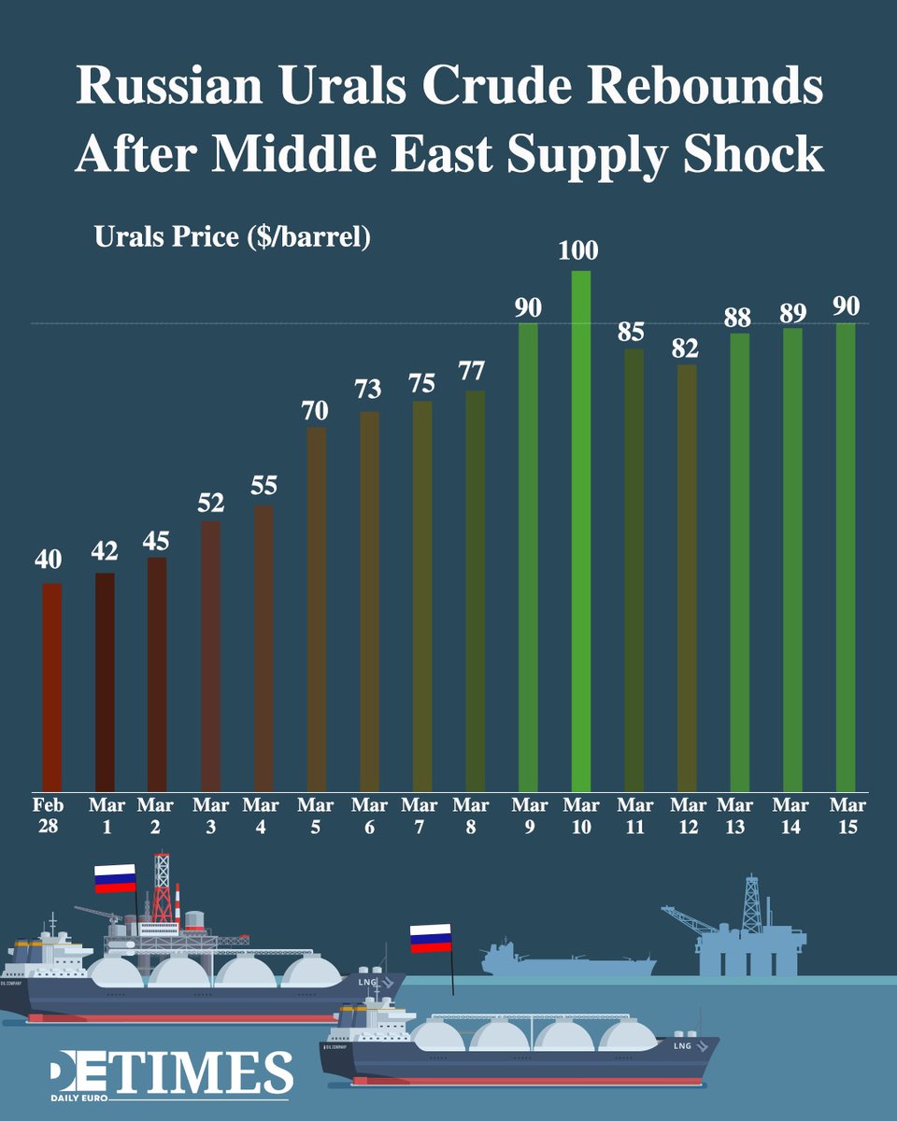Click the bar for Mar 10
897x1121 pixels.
580,532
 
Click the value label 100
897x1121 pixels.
580,251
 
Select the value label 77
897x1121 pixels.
474,372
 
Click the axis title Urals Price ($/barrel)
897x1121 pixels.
233,237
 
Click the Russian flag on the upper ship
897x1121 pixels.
115,878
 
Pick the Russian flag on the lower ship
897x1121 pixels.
431,938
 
